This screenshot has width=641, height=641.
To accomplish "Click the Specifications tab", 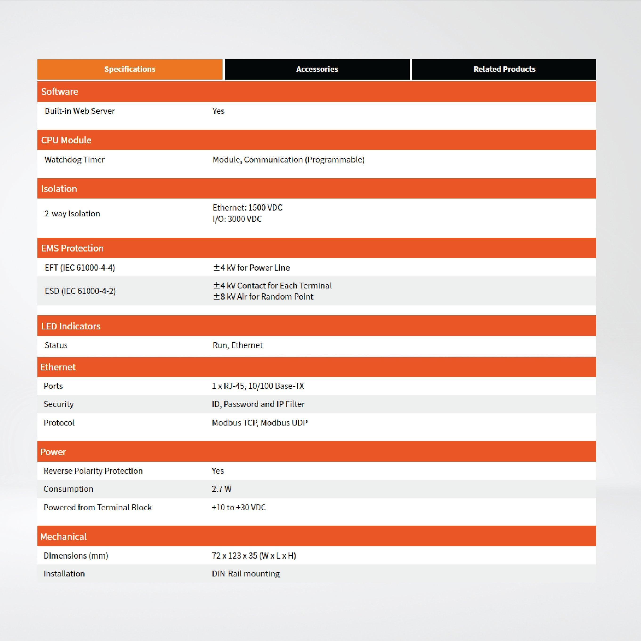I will click(x=130, y=69).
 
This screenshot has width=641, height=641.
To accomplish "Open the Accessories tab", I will click(x=317, y=69).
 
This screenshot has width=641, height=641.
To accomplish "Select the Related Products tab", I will click(x=504, y=69).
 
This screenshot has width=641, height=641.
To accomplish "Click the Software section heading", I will click(x=60, y=92).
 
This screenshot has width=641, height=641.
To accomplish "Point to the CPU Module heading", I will click(x=66, y=140).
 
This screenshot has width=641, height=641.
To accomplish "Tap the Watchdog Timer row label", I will click(x=75, y=160).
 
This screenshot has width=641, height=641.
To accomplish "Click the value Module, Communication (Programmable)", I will click(x=288, y=160).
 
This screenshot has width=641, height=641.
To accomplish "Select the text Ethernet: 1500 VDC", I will click(x=247, y=208).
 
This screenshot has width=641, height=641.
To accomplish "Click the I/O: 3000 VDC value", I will click(x=237, y=219).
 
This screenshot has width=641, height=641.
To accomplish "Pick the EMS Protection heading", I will click(x=72, y=248).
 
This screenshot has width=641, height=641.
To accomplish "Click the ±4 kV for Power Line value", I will click(x=251, y=268).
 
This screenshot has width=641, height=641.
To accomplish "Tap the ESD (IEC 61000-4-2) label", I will click(x=80, y=291).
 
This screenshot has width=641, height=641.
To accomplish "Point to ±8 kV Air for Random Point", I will click(x=263, y=296).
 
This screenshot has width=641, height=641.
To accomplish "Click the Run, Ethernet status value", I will click(x=238, y=345).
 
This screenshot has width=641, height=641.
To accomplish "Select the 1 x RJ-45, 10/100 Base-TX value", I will click(x=258, y=386).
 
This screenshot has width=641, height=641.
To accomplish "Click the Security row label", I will click(x=58, y=404).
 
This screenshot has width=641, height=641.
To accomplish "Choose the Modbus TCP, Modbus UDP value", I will click(x=260, y=422).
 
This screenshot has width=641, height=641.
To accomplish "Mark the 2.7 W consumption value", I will click(x=222, y=489).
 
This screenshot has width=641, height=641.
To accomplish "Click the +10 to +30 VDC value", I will click(x=239, y=507).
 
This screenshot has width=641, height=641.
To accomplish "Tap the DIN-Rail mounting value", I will click(x=246, y=574).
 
